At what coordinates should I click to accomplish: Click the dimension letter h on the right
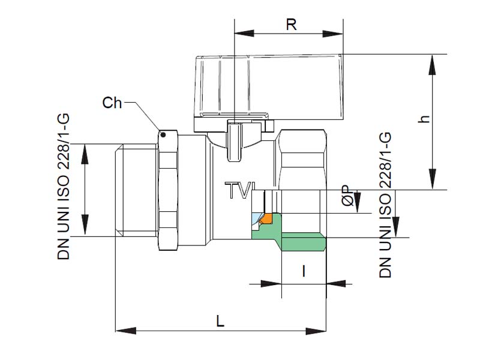pyautogui.click(x=425, y=118)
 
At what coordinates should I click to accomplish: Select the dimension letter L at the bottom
pyautogui.click(x=220, y=321)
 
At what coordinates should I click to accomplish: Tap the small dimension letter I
pyautogui.click(x=304, y=272)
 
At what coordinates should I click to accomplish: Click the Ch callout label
pyautogui.click(x=112, y=103)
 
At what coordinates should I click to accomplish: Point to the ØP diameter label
pyautogui.click(x=347, y=196)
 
